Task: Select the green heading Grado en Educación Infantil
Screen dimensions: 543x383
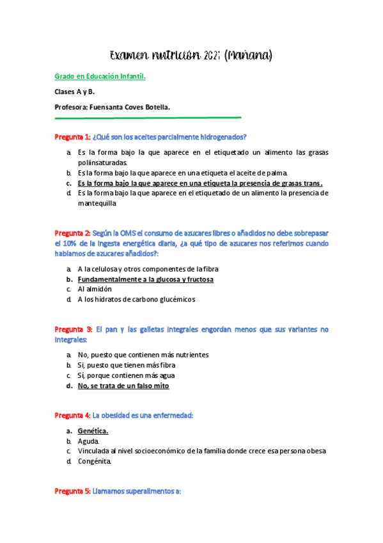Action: [x=100, y=77]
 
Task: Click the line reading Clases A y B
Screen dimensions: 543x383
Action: [x=75, y=92]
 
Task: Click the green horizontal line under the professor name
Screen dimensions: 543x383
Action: [x=148, y=118]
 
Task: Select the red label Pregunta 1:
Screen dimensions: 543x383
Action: [x=72, y=137]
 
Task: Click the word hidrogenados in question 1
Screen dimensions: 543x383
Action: [x=224, y=137]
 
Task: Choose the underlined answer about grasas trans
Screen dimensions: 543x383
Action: [x=199, y=182]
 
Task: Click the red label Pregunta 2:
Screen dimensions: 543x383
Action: [x=72, y=233]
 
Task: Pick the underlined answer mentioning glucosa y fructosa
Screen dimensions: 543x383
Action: [x=145, y=279]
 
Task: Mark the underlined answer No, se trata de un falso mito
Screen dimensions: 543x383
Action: [x=123, y=386]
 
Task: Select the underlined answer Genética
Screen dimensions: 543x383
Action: [x=93, y=431]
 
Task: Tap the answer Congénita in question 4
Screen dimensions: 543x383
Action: [x=94, y=461]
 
